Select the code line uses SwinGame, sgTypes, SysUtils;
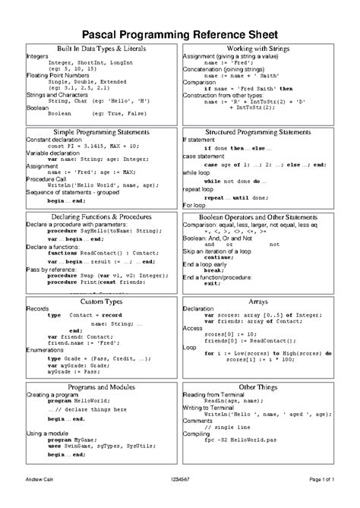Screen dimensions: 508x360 coord(99,446)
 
